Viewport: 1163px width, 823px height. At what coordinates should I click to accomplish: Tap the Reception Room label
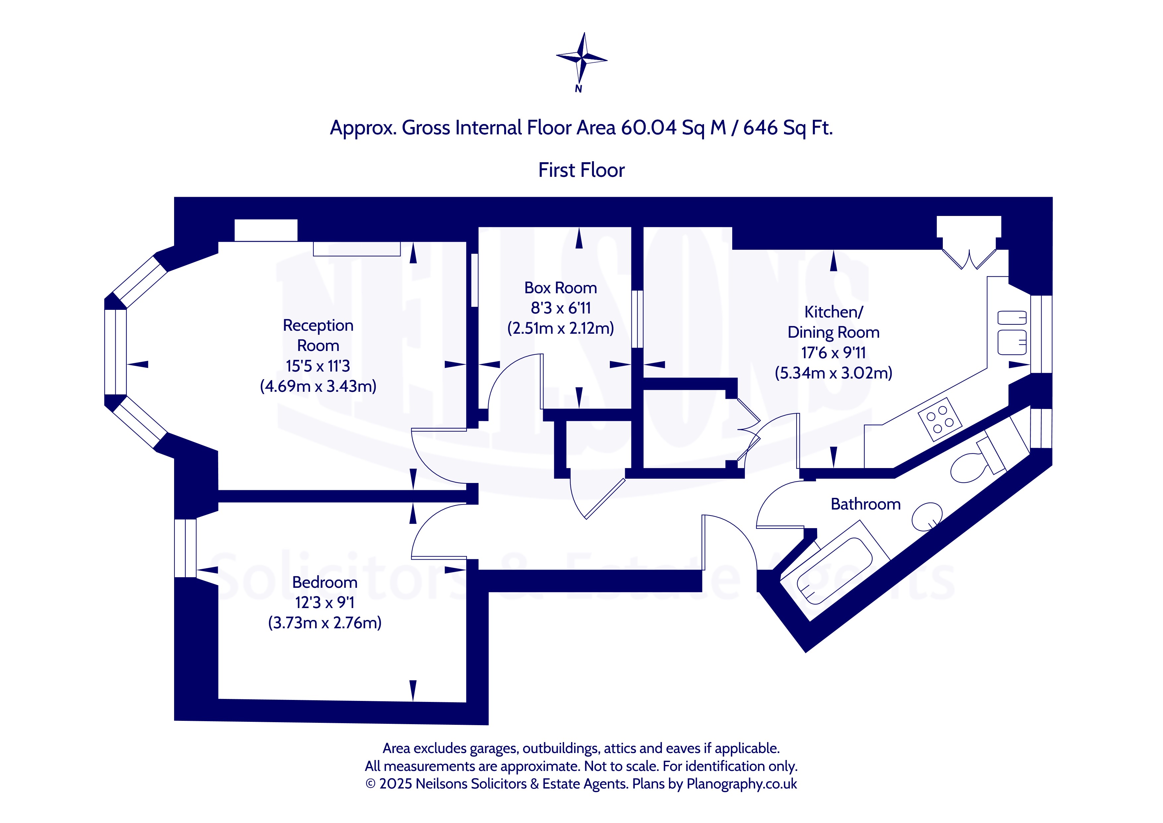pos(318,335)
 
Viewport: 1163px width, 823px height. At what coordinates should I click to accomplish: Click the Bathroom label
pos(866,504)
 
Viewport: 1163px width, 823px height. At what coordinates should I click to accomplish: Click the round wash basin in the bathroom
pos(927,516)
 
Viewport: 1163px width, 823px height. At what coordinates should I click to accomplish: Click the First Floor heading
pos(582,170)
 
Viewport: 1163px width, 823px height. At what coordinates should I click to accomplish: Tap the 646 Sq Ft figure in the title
pos(788,128)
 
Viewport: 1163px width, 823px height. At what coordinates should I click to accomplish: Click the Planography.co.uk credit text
pos(742,784)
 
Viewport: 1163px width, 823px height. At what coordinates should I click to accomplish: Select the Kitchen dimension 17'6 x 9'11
pos(833,353)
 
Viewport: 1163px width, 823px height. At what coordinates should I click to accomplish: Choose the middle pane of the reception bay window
pos(115,352)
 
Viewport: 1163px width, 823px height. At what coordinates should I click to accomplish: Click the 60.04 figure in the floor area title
pos(648,128)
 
